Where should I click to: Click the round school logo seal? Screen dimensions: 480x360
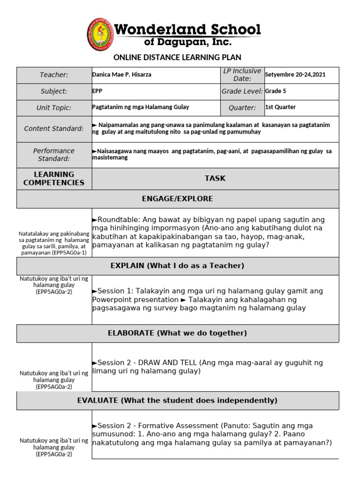[x=99, y=35]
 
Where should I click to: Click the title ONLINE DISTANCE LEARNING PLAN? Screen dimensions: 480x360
[x=177, y=57]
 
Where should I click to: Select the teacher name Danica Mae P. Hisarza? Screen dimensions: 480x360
[x=122, y=75]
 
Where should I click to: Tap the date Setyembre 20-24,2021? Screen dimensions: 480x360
[x=295, y=75]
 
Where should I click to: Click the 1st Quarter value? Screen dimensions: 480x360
[x=280, y=107]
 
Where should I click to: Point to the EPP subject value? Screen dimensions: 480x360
[x=97, y=91]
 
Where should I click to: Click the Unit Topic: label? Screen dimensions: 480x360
[x=54, y=108]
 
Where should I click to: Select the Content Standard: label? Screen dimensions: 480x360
[x=54, y=129]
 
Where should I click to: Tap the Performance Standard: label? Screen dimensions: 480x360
[x=54, y=155]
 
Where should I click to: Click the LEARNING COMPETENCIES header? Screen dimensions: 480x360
[x=54, y=179]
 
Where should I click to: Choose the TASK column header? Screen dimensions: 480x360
[x=215, y=178]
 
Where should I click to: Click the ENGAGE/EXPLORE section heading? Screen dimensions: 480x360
[x=177, y=199]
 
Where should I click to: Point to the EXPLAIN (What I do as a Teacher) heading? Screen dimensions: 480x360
[x=177, y=266]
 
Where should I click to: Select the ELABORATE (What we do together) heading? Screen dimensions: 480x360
[x=177, y=333]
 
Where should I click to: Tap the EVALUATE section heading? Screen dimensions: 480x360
[x=177, y=400]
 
